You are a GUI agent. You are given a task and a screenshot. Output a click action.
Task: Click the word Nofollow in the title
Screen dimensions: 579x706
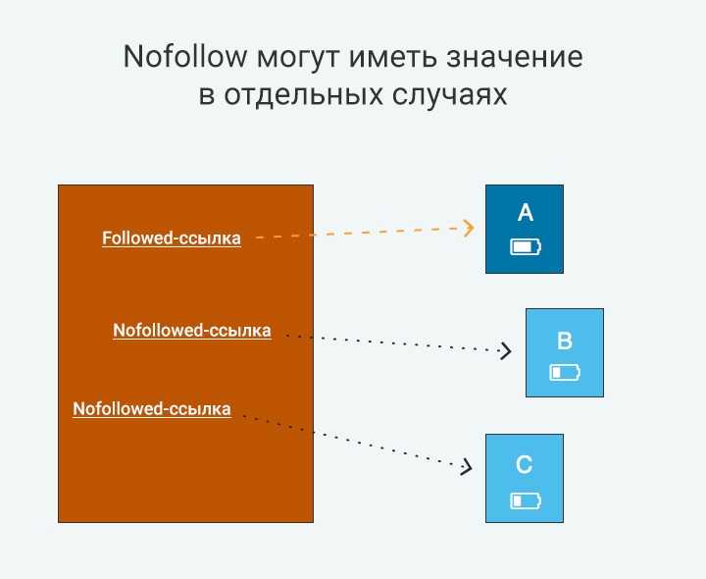click(184, 57)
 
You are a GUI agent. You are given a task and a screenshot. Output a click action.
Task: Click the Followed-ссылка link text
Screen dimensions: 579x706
click(172, 237)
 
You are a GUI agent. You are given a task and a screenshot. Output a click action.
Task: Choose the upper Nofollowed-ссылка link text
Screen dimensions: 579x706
click(192, 331)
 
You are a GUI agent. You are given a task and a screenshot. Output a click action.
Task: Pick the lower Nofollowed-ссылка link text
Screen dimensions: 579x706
click(152, 409)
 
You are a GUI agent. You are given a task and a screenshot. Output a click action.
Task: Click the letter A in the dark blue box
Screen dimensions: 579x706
click(525, 213)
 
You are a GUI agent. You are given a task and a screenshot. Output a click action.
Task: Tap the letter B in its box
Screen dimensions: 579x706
click(565, 341)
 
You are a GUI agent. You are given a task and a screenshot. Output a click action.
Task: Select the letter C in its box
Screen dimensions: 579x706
click(525, 464)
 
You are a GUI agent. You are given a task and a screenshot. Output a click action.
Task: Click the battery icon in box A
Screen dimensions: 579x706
click(525, 246)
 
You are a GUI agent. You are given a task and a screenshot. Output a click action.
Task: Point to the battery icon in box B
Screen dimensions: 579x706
click(565, 373)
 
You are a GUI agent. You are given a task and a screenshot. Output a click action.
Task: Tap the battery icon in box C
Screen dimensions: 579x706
click(525, 501)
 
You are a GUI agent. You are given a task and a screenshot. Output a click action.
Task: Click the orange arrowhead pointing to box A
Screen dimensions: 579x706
click(470, 228)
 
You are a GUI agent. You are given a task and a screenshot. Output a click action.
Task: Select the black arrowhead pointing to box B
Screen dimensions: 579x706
click(506, 350)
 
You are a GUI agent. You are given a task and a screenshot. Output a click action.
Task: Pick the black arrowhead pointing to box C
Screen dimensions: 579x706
click(467, 468)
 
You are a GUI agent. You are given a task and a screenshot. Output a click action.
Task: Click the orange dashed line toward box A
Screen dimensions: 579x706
click(358, 234)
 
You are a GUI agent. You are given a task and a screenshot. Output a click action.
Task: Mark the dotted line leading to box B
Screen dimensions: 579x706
click(392, 342)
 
